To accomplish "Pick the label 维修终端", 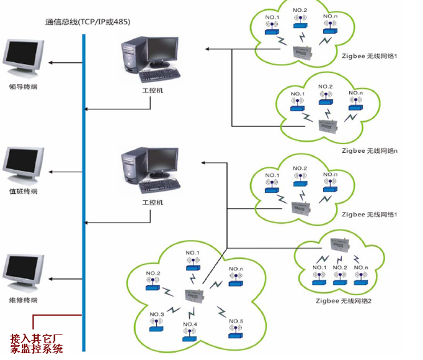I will coord(24,300).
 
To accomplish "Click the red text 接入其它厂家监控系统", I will coord(37,344).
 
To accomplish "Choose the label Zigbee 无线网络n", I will coord(370,150).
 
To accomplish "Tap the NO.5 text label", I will coord(236,321).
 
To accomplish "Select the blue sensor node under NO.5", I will coord(236,335).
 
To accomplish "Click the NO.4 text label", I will coord(190,325).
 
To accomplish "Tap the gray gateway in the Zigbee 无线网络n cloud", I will coord(326,126).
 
